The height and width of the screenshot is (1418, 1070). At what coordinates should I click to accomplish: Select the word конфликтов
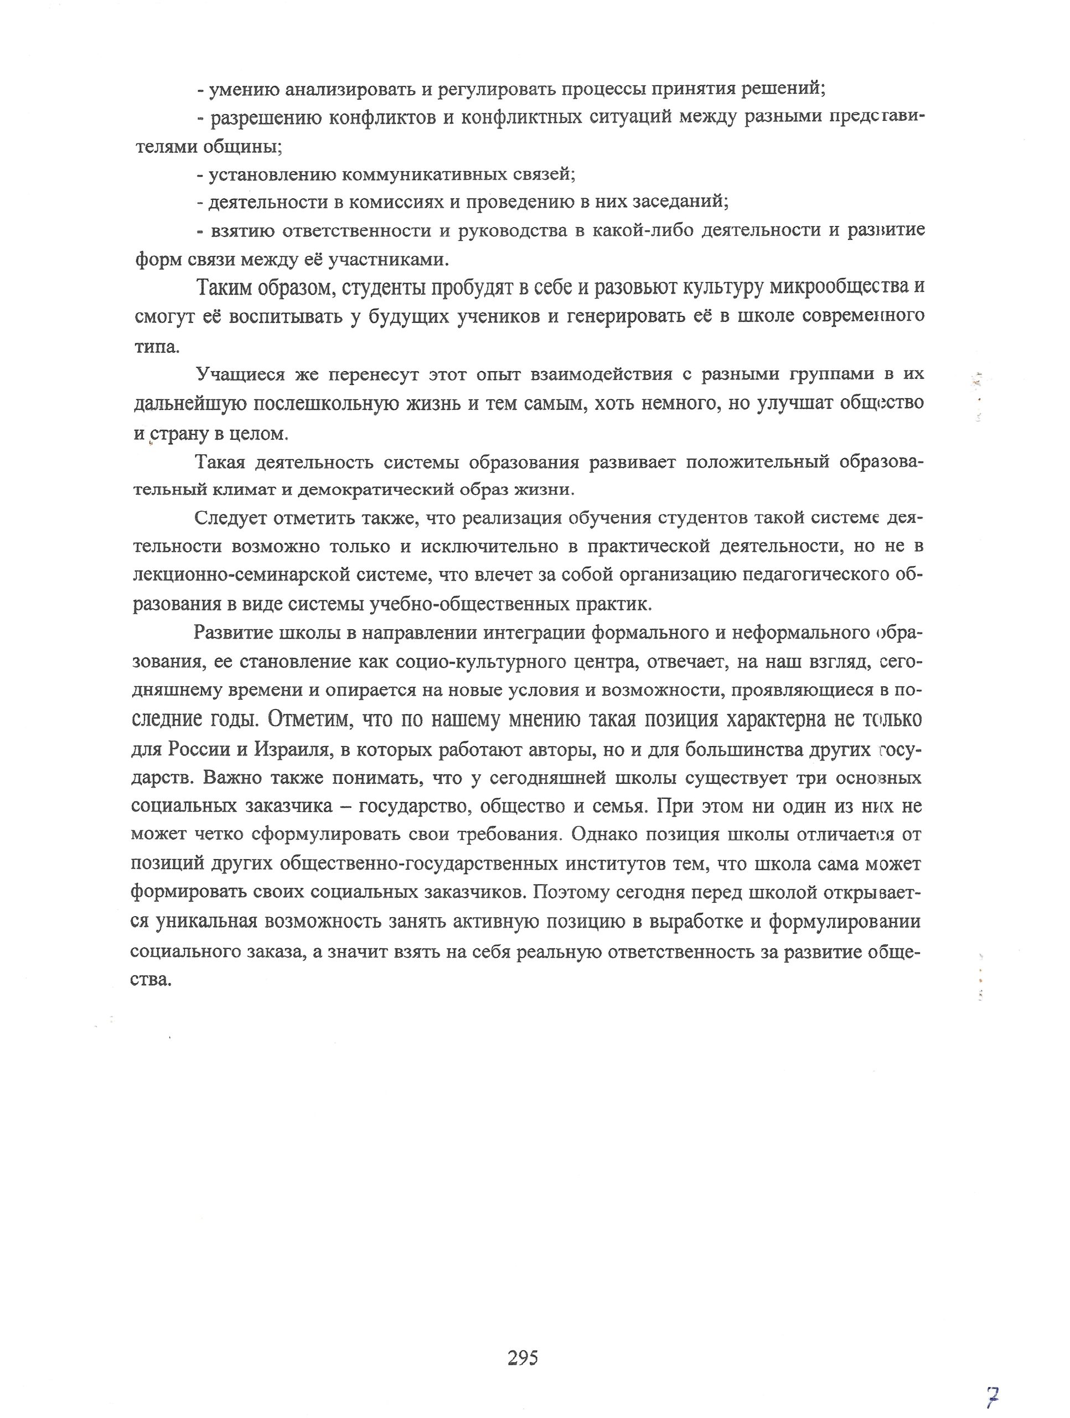point(383,118)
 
